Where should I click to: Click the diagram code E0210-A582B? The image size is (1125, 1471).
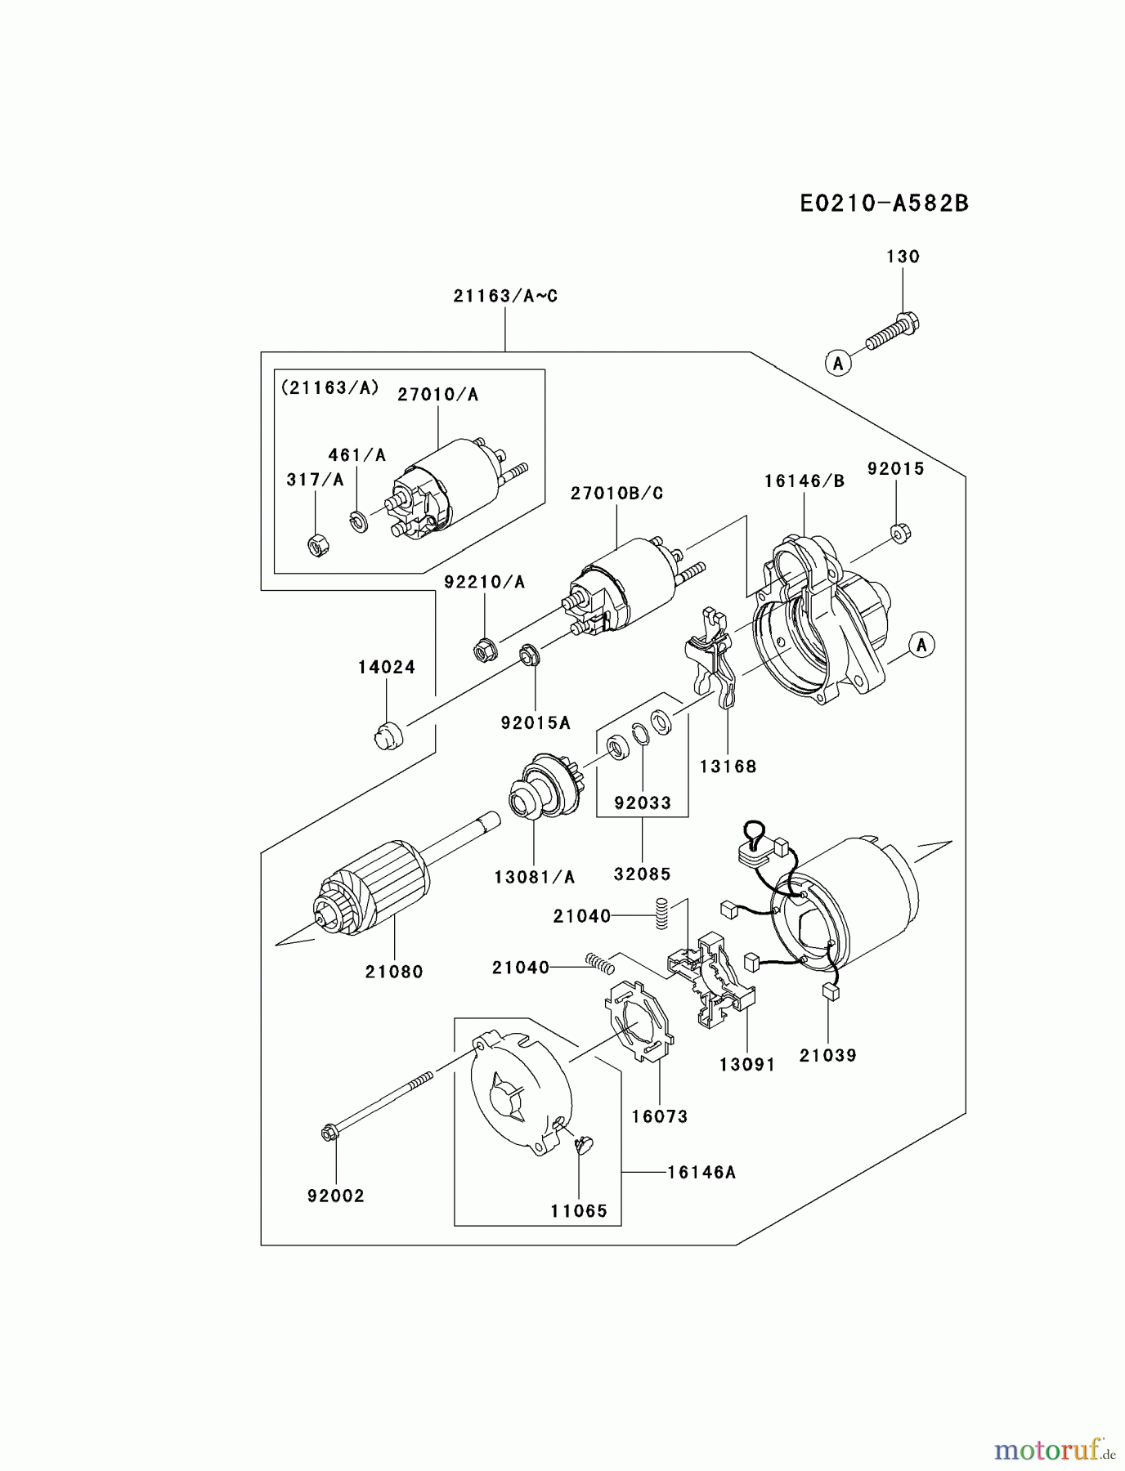[884, 203]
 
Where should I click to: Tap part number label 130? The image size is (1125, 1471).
[903, 257]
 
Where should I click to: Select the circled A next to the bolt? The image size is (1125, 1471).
[837, 362]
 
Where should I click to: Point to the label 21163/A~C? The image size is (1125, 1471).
[505, 297]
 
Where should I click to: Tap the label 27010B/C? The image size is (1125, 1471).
[616, 494]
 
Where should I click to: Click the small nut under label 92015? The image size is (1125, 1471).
[899, 534]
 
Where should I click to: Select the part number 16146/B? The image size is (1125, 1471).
[804, 481]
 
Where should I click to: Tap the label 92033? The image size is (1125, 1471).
[643, 803]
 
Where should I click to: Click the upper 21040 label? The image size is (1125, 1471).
[581, 917]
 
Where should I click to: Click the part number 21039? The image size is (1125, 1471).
[827, 1056]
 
